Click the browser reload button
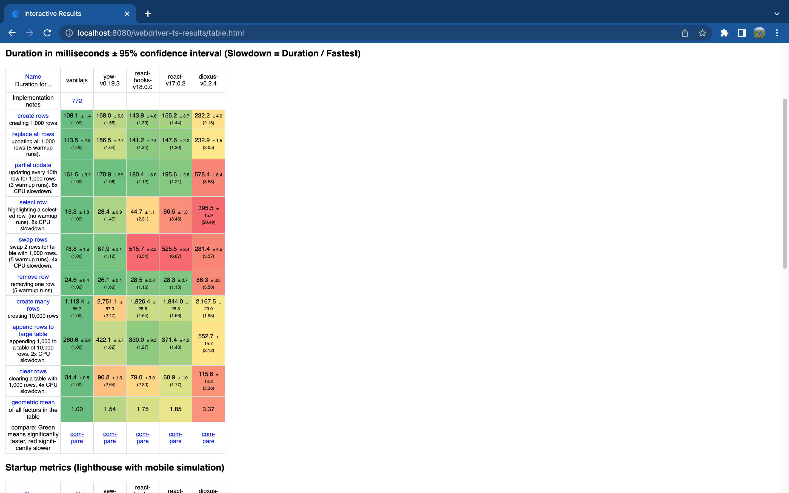coord(47,33)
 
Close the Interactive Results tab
coord(127,14)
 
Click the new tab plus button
coord(148,14)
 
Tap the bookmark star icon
coord(702,33)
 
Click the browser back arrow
coord(12,33)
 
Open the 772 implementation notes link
coord(77,101)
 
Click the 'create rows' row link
coord(33,116)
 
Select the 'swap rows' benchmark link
coord(33,240)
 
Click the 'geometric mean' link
coord(33,402)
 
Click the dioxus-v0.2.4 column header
coord(208,80)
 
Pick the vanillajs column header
coord(77,80)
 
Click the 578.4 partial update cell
coord(208,178)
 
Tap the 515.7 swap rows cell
coord(142,252)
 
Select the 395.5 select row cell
coord(208,215)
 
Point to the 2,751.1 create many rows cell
coord(110,308)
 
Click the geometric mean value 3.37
coord(208,409)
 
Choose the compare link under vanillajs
coord(77,438)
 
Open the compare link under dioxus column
coord(208,438)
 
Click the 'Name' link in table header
coord(33,77)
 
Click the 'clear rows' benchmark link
coord(33,371)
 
